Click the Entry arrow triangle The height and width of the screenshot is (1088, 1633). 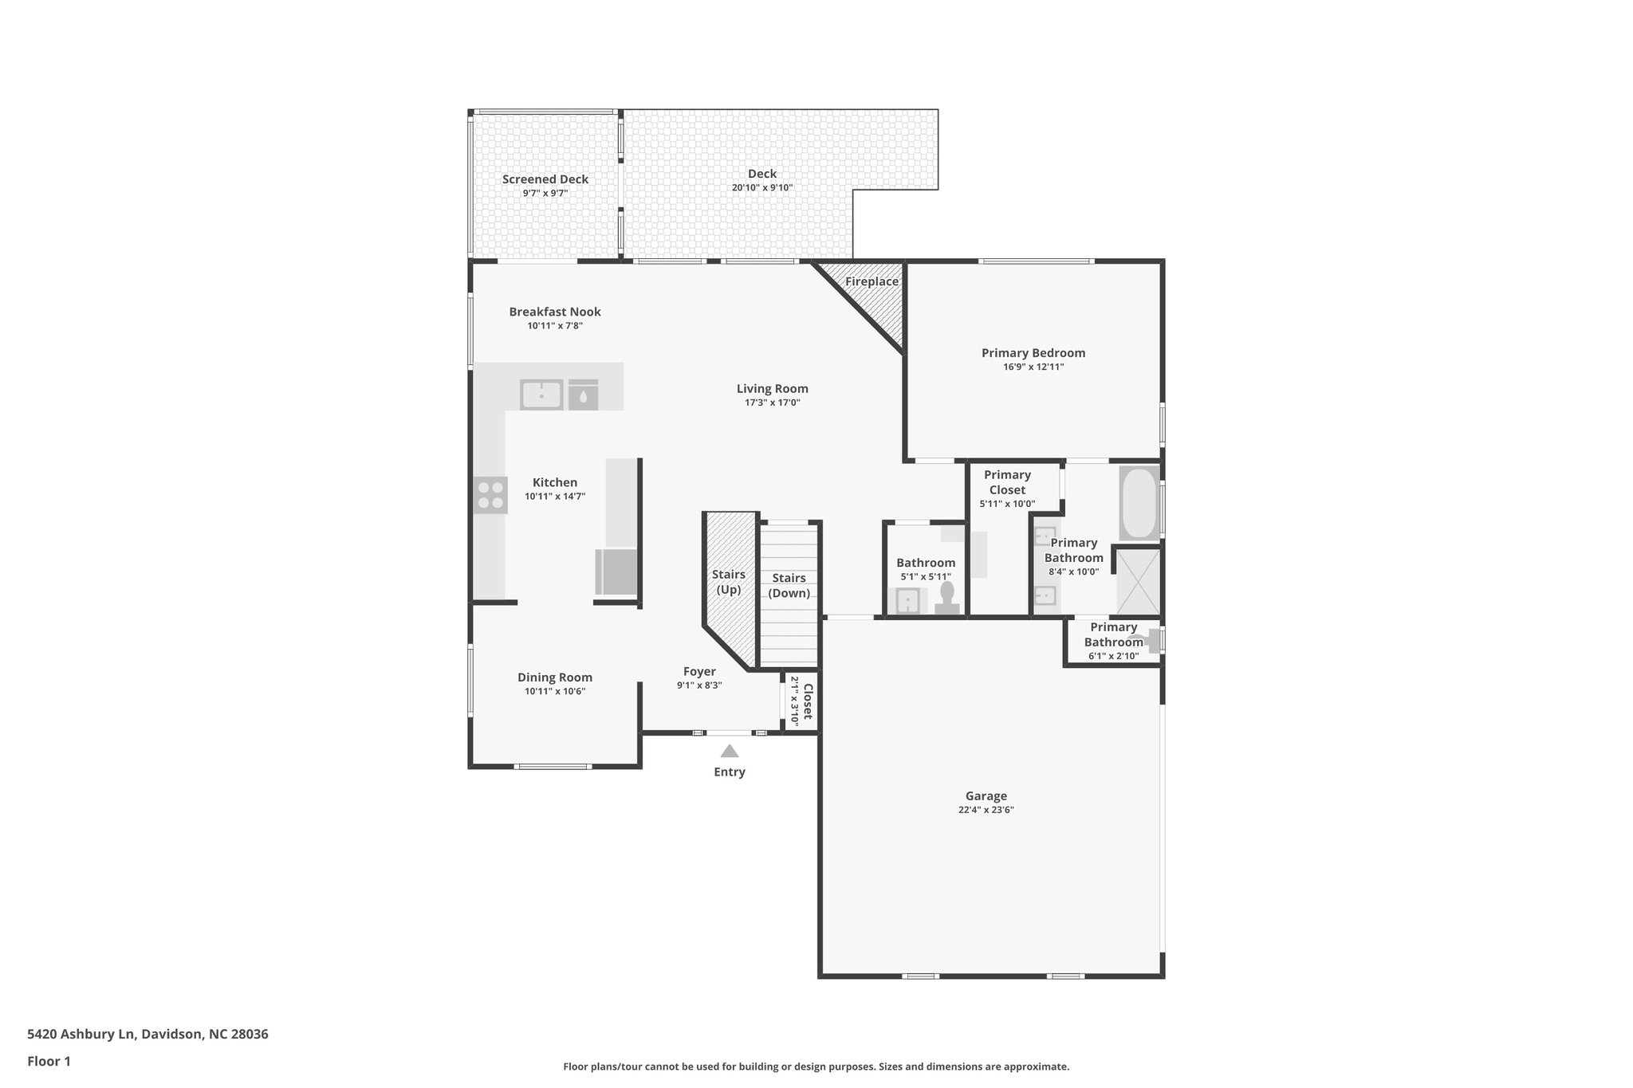click(x=729, y=751)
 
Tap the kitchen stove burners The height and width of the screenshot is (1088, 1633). click(x=490, y=494)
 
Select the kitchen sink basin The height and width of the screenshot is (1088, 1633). click(x=541, y=395)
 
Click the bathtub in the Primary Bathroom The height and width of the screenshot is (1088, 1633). click(x=1139, y=503)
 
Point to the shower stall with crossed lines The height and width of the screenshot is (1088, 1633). click(x=1138, y=582)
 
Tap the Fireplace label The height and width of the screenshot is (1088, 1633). click(x=872, y=282)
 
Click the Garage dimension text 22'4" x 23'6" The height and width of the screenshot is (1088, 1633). click(x=986, y=810)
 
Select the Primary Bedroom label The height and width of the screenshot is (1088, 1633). click(x=1033, y=353)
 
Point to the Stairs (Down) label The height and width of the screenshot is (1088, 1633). click(x=789, y=585)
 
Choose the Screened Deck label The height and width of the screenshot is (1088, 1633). click(x=545, y=179)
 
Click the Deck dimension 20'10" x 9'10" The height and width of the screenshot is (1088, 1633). click(x=761, y=188)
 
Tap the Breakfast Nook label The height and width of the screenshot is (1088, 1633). click(x=555, y=312)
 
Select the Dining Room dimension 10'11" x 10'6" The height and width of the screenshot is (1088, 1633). click(x=555, y=691)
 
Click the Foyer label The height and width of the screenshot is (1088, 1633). click(x=699, y=672)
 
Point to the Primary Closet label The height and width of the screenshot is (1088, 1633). click(x=1007, y=482)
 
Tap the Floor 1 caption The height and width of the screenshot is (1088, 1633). click(x=49, y=1061)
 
